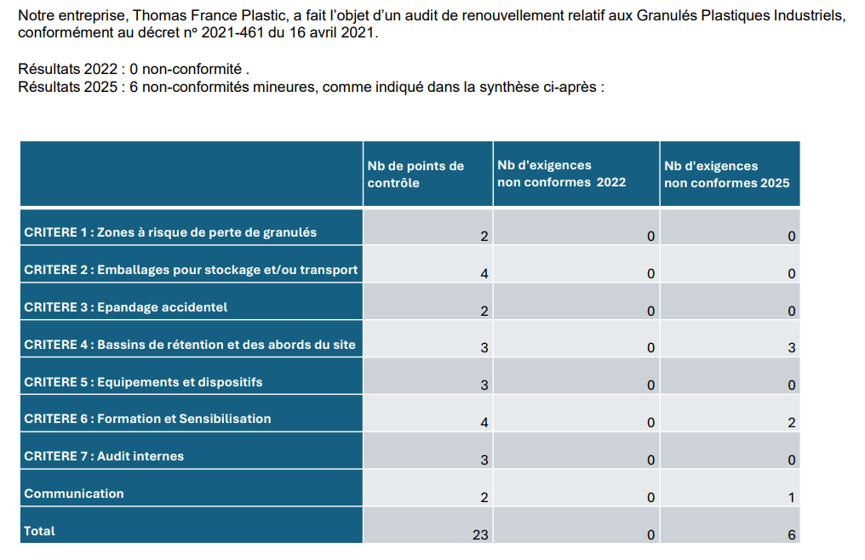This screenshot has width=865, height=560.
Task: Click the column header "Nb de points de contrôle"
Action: (x=415, y=174)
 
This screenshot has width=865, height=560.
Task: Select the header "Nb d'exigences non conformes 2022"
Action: (x=561, y=174)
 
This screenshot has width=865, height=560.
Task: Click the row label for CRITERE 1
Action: (x=170, y=232)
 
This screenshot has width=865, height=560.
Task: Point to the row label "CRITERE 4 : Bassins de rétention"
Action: (x=190, y=345)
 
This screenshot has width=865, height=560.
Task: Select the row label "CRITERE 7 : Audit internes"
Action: (x=104, y=456)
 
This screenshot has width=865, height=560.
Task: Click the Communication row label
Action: (x=74, y=494)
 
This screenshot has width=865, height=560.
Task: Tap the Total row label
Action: (x=40, y=531)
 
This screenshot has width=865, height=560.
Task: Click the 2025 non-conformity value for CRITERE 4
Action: (x=791, y=348)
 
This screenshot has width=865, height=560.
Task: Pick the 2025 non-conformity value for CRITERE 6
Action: (x=791, y=423)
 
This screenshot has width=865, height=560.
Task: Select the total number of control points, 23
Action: (x=480, y=535)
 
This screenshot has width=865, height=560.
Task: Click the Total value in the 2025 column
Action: (x=791, y=535)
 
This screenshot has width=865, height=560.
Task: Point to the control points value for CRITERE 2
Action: (x=484, y=273)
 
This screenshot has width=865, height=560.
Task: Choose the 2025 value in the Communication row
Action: (x=791, y=498)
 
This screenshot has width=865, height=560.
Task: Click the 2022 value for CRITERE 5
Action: (x=650, y=386)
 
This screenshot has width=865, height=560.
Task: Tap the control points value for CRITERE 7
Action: (x=484, y=460)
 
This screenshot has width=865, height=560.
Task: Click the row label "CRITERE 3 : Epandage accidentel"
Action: (x=126, y=307)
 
